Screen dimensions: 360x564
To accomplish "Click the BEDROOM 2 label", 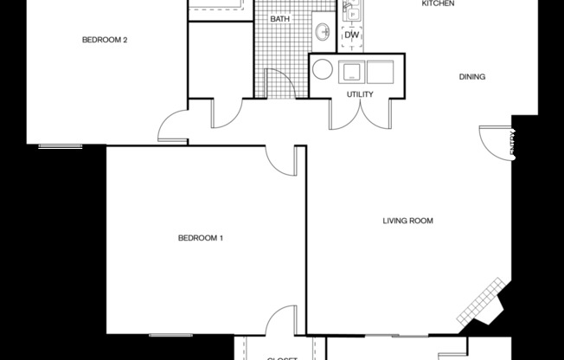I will point(106,39).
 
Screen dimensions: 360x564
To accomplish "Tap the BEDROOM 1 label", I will point(201,238).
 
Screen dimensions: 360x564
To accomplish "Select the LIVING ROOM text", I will point(407,221).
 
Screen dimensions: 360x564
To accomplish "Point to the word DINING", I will point(471,77).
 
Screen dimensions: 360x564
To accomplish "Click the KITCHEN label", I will point(438,4).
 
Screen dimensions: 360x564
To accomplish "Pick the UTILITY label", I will point(360,93).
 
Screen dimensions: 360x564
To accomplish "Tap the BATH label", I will point(279,18).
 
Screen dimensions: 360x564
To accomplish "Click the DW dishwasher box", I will point(351,35).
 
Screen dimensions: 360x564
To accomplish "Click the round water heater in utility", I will point(324,69).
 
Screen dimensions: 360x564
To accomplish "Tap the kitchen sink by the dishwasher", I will point(352,11).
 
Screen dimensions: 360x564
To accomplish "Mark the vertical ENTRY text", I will point(511,144).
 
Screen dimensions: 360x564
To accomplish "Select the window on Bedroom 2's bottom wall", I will point(61,145).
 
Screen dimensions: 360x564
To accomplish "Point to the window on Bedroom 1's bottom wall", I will point(170,334).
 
